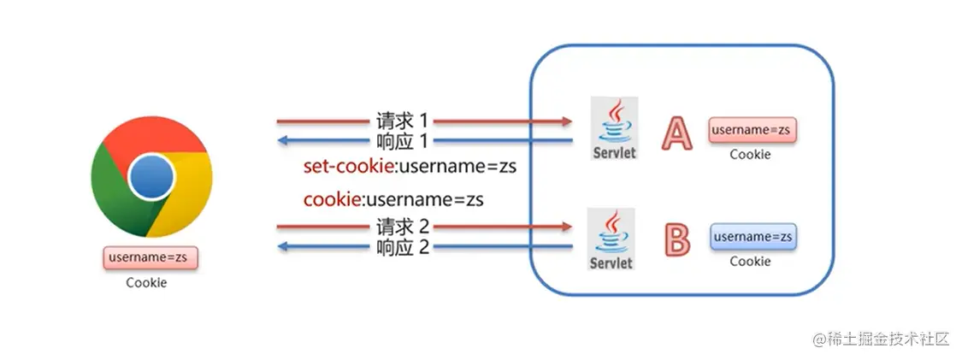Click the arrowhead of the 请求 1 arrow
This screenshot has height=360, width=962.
565,121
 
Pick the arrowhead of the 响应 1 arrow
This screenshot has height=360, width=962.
282,141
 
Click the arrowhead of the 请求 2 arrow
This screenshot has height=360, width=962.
565,227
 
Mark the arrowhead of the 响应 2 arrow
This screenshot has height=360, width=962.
282,248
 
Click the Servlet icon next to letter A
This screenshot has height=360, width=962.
614,129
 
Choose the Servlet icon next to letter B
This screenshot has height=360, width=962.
611,239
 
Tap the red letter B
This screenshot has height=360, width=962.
676,239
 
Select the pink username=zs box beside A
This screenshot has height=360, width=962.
752,131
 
